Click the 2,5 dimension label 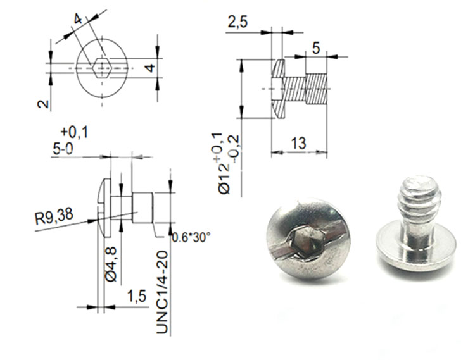click(x=237, y=22)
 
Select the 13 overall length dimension click(x=299, y=143)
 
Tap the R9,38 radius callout click(x=54, y=216)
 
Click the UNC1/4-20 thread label click(x=162, y=292)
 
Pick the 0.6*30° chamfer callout click(x=191, y=237)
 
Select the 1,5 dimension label click(x=137, y=297)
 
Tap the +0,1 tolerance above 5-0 click(x=75, y=132)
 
